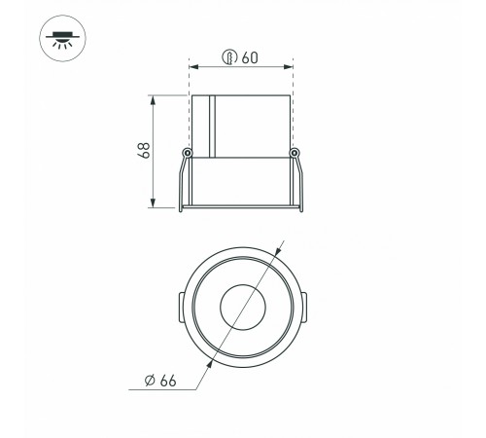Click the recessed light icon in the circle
pyautogui.click(x=62, y=38)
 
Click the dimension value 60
pyautogui.click(x=250, y=57)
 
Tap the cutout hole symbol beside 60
pyautogui.click(x=229, y=57)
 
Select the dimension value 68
pyautogui.click(x=144, y=150)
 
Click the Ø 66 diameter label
pyautogui.click(x=160, y=381)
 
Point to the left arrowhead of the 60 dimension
pyautogui.click(x=193, y=67)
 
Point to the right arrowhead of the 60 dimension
pyautogui.click(x=289, y=67)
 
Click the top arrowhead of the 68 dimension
pyautogui.click(x=153, y=100)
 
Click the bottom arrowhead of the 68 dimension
pyautogui.click(x=153, y=202)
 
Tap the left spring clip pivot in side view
pyautogui.click(x=187, y=153)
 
